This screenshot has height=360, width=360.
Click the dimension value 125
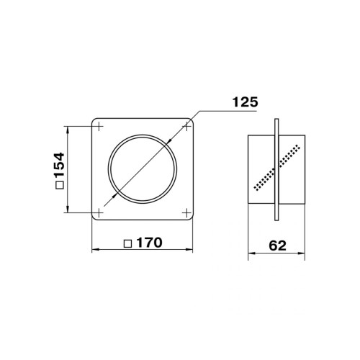tap(245, 102)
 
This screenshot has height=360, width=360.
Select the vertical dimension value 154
tap(59, 165)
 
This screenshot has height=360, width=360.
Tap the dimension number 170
tap(149, 243)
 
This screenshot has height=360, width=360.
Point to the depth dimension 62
tap(277, 246)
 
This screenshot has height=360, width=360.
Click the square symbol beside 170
tap(128, 244)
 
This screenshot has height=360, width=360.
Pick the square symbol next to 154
tap(59, 185)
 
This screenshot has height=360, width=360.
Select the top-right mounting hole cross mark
tap(186, 126)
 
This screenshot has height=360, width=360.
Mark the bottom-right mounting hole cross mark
tap(186, 212)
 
